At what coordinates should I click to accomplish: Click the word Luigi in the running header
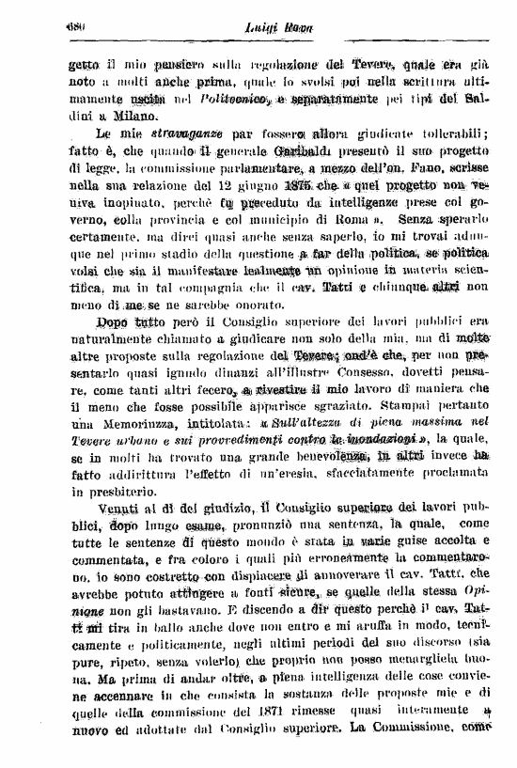[x=235, y=30]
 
